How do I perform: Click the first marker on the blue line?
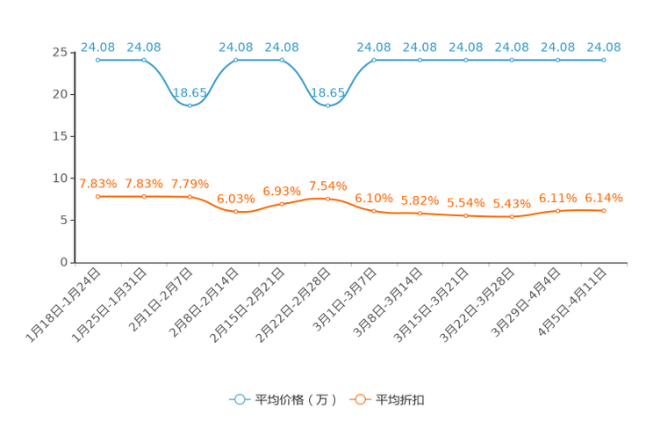(98, 60)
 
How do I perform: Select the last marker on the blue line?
(604, 60)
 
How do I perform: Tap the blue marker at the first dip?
(190, 104)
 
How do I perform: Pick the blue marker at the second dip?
(327, 104)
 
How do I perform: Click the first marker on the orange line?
(98, 196)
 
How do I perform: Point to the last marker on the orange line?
(604, 209)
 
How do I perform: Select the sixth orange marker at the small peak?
(327, 198)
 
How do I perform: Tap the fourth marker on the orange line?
(236, 211)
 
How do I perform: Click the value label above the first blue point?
(98, 47)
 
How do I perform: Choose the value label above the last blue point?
(604, 47)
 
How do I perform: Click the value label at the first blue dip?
(190, 91)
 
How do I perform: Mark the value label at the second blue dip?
(327, 91)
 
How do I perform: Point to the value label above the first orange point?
(98, 184)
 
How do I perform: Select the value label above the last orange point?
(604, 197)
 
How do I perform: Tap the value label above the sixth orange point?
(327, 185)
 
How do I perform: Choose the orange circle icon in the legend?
(359, 399)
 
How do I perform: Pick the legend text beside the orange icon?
(400, 400)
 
